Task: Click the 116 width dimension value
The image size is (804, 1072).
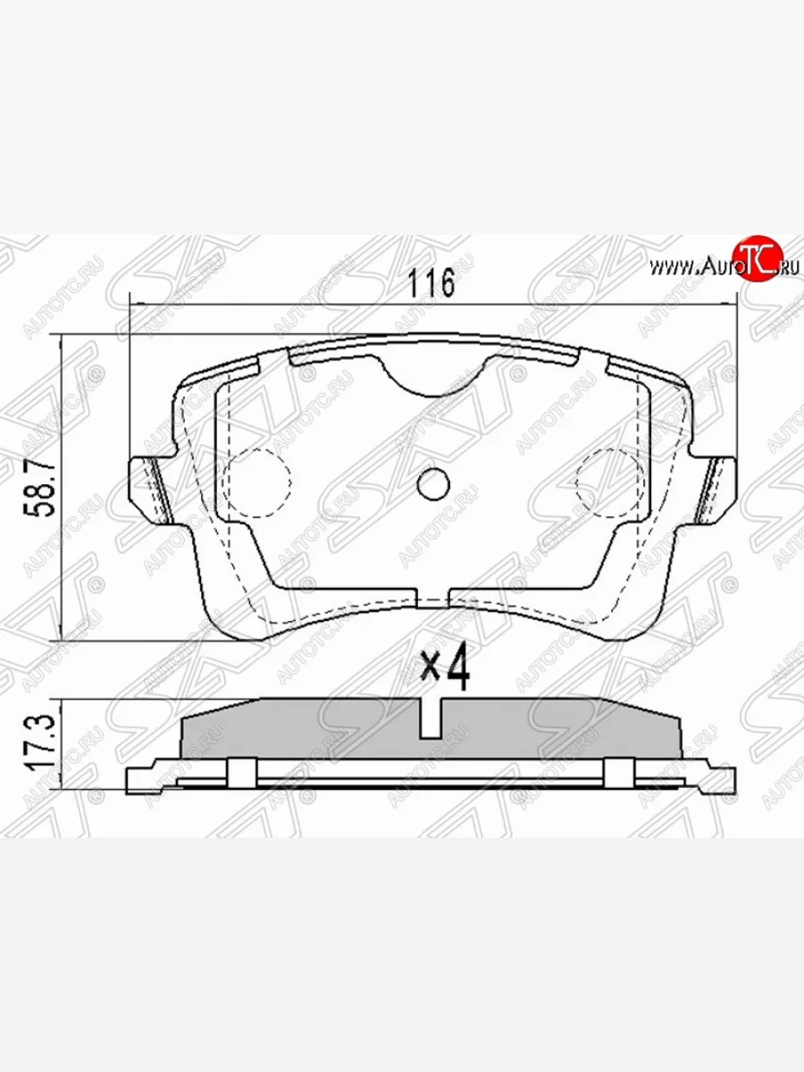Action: pos(432,283)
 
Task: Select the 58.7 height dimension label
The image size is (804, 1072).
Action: pos(42,488)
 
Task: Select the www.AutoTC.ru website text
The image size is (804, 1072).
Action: pos(724,265)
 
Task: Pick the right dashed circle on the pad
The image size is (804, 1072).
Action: pos(610,482)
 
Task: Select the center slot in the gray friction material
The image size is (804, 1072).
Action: pos(431,720)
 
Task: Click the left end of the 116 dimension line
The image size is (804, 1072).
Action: pos(133,306)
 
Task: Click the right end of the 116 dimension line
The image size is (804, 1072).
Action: pos(735,306)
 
